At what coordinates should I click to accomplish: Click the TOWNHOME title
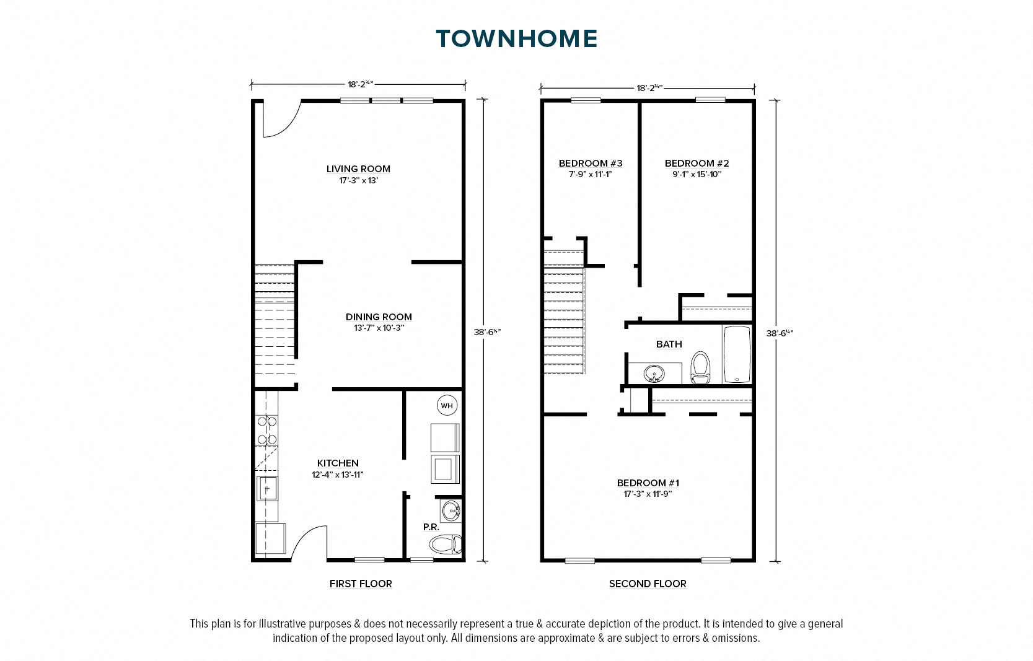click(x=517, y=39)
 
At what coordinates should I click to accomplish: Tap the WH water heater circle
click(x=447, y=406)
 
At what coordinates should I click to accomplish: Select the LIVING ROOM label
click(x=358, y=169)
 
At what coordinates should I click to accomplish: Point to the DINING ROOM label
click(x=379, y=317)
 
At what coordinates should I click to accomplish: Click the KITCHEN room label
click(x=338, y=463)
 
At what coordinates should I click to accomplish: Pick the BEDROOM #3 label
click(x=591, y=163)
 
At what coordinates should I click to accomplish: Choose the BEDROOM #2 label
click(x=697, y=163)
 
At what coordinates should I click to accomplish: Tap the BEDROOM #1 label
click(x=648, y=483)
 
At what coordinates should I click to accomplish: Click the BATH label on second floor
click(x=669, y=344)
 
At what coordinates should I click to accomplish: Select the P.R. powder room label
click(x=431, y=527)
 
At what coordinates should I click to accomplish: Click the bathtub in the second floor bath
click(x=737, y=354)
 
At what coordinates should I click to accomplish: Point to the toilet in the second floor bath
click(x=700, y=367)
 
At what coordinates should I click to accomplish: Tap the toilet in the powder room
click(x=446, y=545)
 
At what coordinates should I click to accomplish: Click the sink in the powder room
click(x=451, y=510)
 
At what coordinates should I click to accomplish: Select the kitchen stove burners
click(x=266, y=429)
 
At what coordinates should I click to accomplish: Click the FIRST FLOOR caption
click(x=361, y=584)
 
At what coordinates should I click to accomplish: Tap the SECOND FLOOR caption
click(x=648, y=584)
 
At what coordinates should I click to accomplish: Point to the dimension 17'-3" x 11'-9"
click(x=648, y=494)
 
